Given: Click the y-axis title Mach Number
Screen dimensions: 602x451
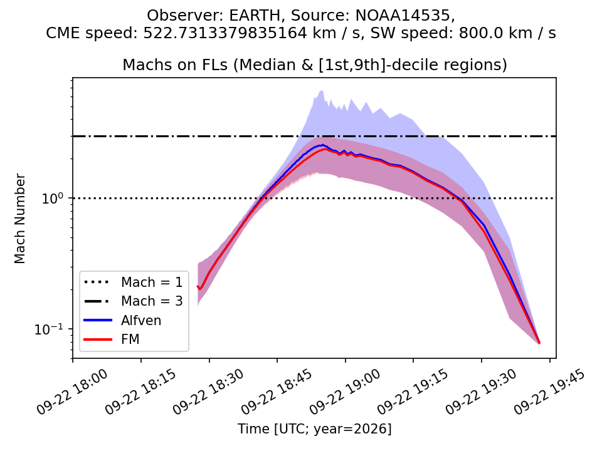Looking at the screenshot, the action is [x=19, y=219].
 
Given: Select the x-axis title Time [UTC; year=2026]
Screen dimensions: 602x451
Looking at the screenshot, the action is [x=314, y=428].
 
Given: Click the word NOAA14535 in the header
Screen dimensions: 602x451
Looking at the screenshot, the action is [x=405, y=16].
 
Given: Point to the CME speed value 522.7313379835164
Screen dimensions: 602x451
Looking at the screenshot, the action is [x=225, y=33].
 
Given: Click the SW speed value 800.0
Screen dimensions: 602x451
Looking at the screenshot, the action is [x=480, y=33].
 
